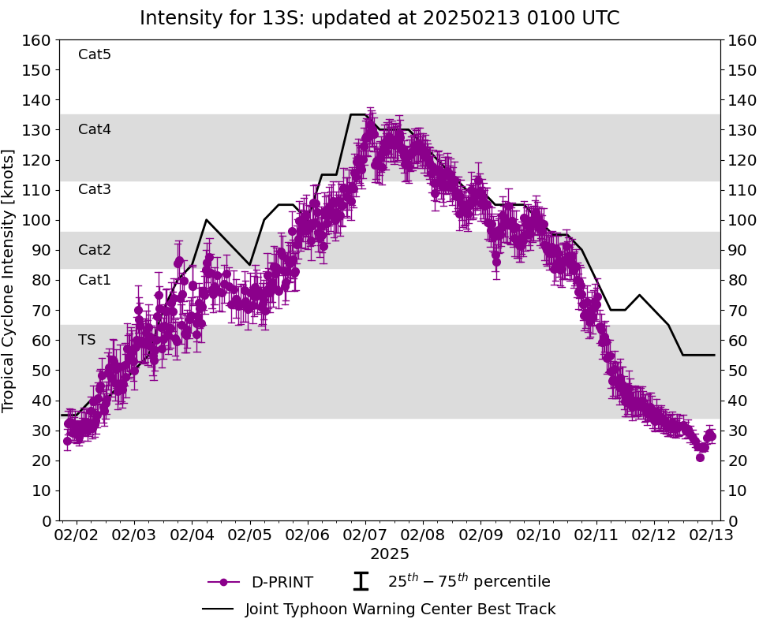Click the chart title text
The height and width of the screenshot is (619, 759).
(379, 18)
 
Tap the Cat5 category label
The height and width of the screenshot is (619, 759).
(95, 54)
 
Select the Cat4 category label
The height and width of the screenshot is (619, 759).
(95, 129)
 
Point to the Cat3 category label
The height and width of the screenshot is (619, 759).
(95, 189)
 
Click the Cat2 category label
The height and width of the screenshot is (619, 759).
(95, 250)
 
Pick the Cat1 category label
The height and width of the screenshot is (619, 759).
(95, 280)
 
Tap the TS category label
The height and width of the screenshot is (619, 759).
(87, 340)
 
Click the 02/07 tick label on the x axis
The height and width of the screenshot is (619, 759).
(365, 535)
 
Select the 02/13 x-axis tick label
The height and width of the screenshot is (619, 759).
(712, 535)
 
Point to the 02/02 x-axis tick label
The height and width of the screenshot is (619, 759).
(76, 535)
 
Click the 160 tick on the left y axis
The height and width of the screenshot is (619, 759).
(37, 40)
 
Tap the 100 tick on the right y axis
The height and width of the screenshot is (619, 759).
(739, 220)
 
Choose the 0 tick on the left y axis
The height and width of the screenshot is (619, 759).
(47, 520)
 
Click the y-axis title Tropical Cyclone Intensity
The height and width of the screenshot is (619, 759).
(9, 280)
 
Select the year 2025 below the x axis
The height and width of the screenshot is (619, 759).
(390, 554)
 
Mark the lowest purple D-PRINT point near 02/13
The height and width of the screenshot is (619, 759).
(700, 457)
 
